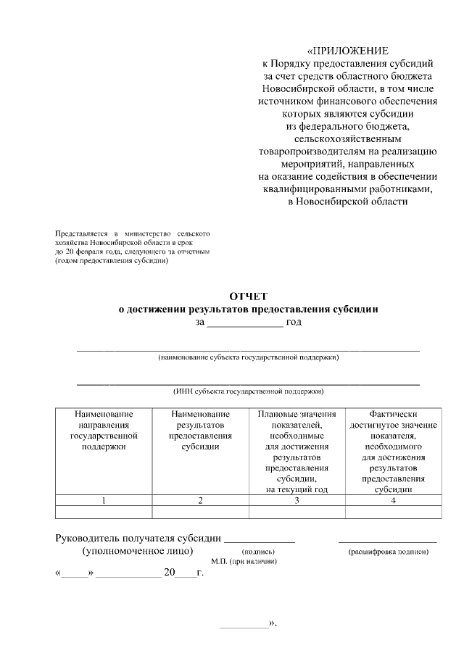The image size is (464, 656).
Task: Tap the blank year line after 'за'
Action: point(245,323)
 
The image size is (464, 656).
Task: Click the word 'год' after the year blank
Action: point(294,322)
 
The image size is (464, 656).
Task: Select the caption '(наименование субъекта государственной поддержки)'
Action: point(249,357)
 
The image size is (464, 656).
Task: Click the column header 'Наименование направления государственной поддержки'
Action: point(104,431)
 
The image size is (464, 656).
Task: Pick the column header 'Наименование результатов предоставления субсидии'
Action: point(200,431)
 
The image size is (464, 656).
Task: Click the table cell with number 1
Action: point(104,500)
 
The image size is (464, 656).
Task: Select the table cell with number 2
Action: point(200,500)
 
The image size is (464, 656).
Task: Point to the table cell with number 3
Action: point(297,500)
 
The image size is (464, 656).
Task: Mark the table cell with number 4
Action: point(393,500)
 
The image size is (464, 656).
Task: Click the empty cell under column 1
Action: point(104,512)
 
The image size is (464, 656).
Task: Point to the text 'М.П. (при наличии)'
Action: point(245,562)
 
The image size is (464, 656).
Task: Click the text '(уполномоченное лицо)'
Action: point(137,551)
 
